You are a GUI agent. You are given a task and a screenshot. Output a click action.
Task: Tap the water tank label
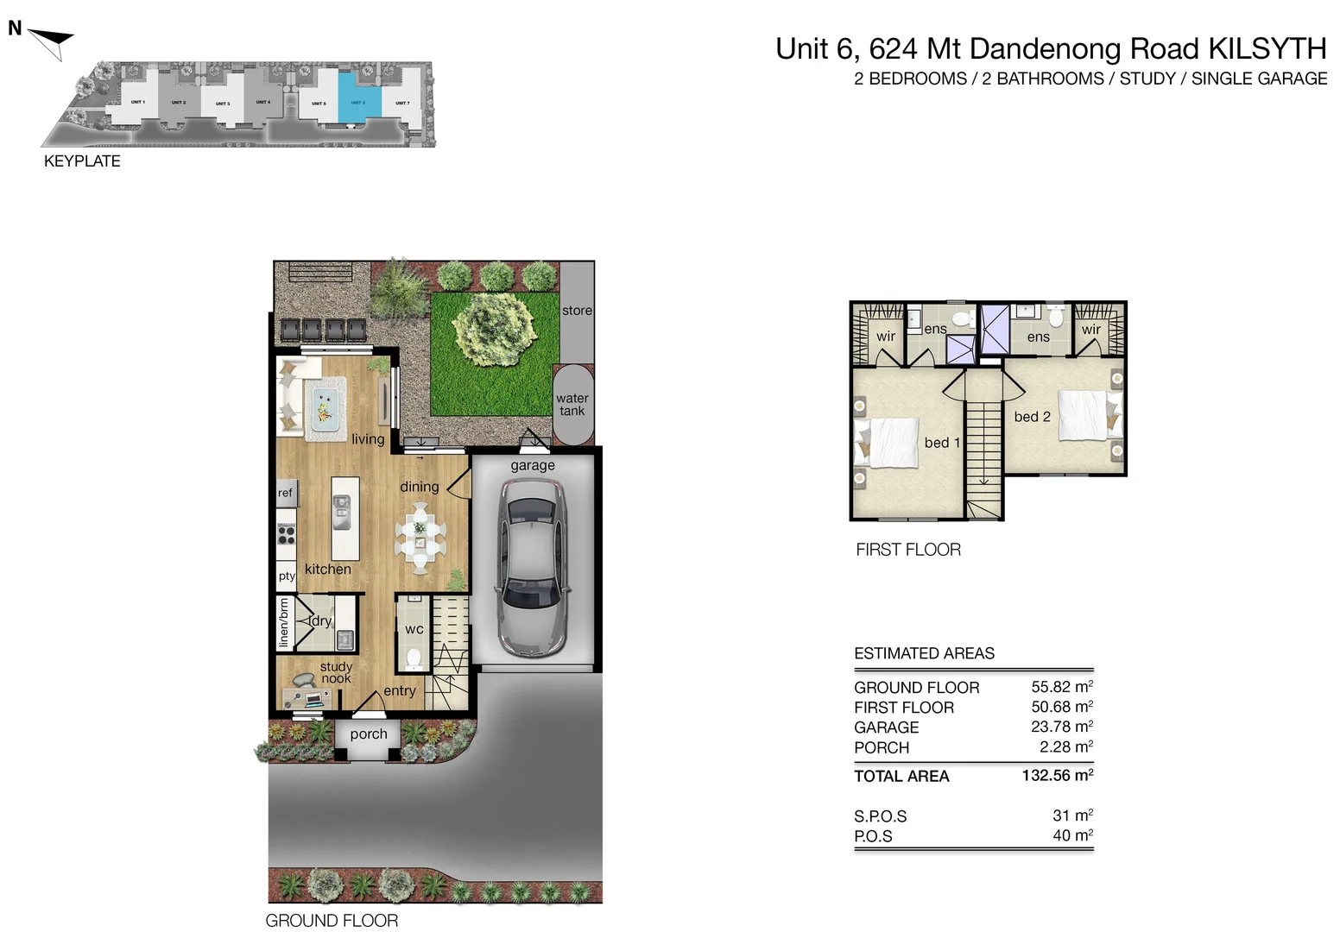click(572, 404)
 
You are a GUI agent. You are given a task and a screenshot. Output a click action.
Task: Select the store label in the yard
click(577, 311)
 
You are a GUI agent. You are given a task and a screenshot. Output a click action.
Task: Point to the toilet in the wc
click(414, 658)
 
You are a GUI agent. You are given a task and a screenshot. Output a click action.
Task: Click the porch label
click(369, 734)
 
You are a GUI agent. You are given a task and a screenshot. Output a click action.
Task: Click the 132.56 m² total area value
click(1057, 775)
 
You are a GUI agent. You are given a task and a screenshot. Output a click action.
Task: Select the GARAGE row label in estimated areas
click(886, 727)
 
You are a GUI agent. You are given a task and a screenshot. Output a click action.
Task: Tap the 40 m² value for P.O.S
click(1071, 835)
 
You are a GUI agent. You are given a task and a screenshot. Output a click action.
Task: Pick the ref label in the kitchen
click(285, 493)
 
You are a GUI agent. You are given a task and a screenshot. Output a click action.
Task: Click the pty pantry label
click(286, 576)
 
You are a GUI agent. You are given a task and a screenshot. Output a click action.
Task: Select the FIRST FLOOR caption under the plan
click(907, 550)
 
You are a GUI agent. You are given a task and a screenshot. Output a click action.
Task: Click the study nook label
click(336, 672)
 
